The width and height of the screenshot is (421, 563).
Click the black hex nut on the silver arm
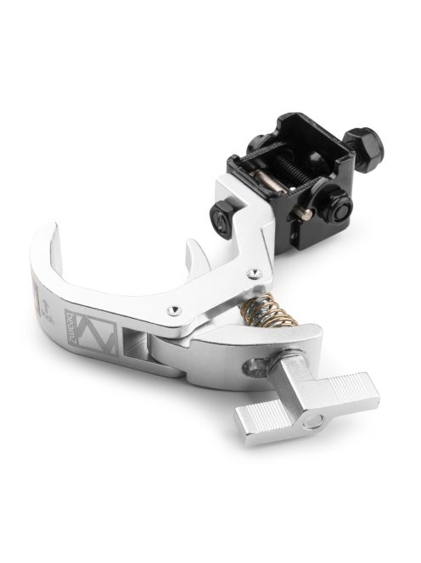tap(223, 222)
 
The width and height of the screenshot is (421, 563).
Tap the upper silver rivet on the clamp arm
tap(254, 271)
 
